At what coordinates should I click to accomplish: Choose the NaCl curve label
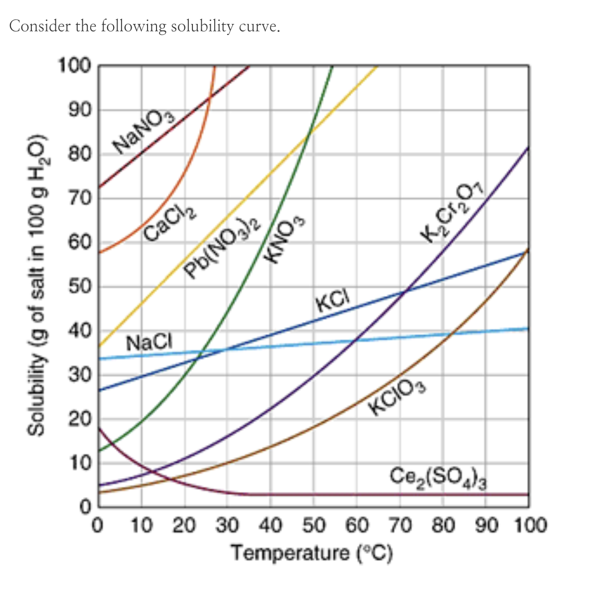tap(149, 342)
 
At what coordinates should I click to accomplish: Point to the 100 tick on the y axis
tap(74, 65)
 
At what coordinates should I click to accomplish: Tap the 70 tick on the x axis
tap(398, 526)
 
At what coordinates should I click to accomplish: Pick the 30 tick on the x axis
tap(227, 526)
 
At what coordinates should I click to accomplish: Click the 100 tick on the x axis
tap(530, 526)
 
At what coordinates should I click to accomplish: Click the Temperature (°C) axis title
tap(312, 553)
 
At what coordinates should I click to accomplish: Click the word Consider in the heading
tap(40, 26)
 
